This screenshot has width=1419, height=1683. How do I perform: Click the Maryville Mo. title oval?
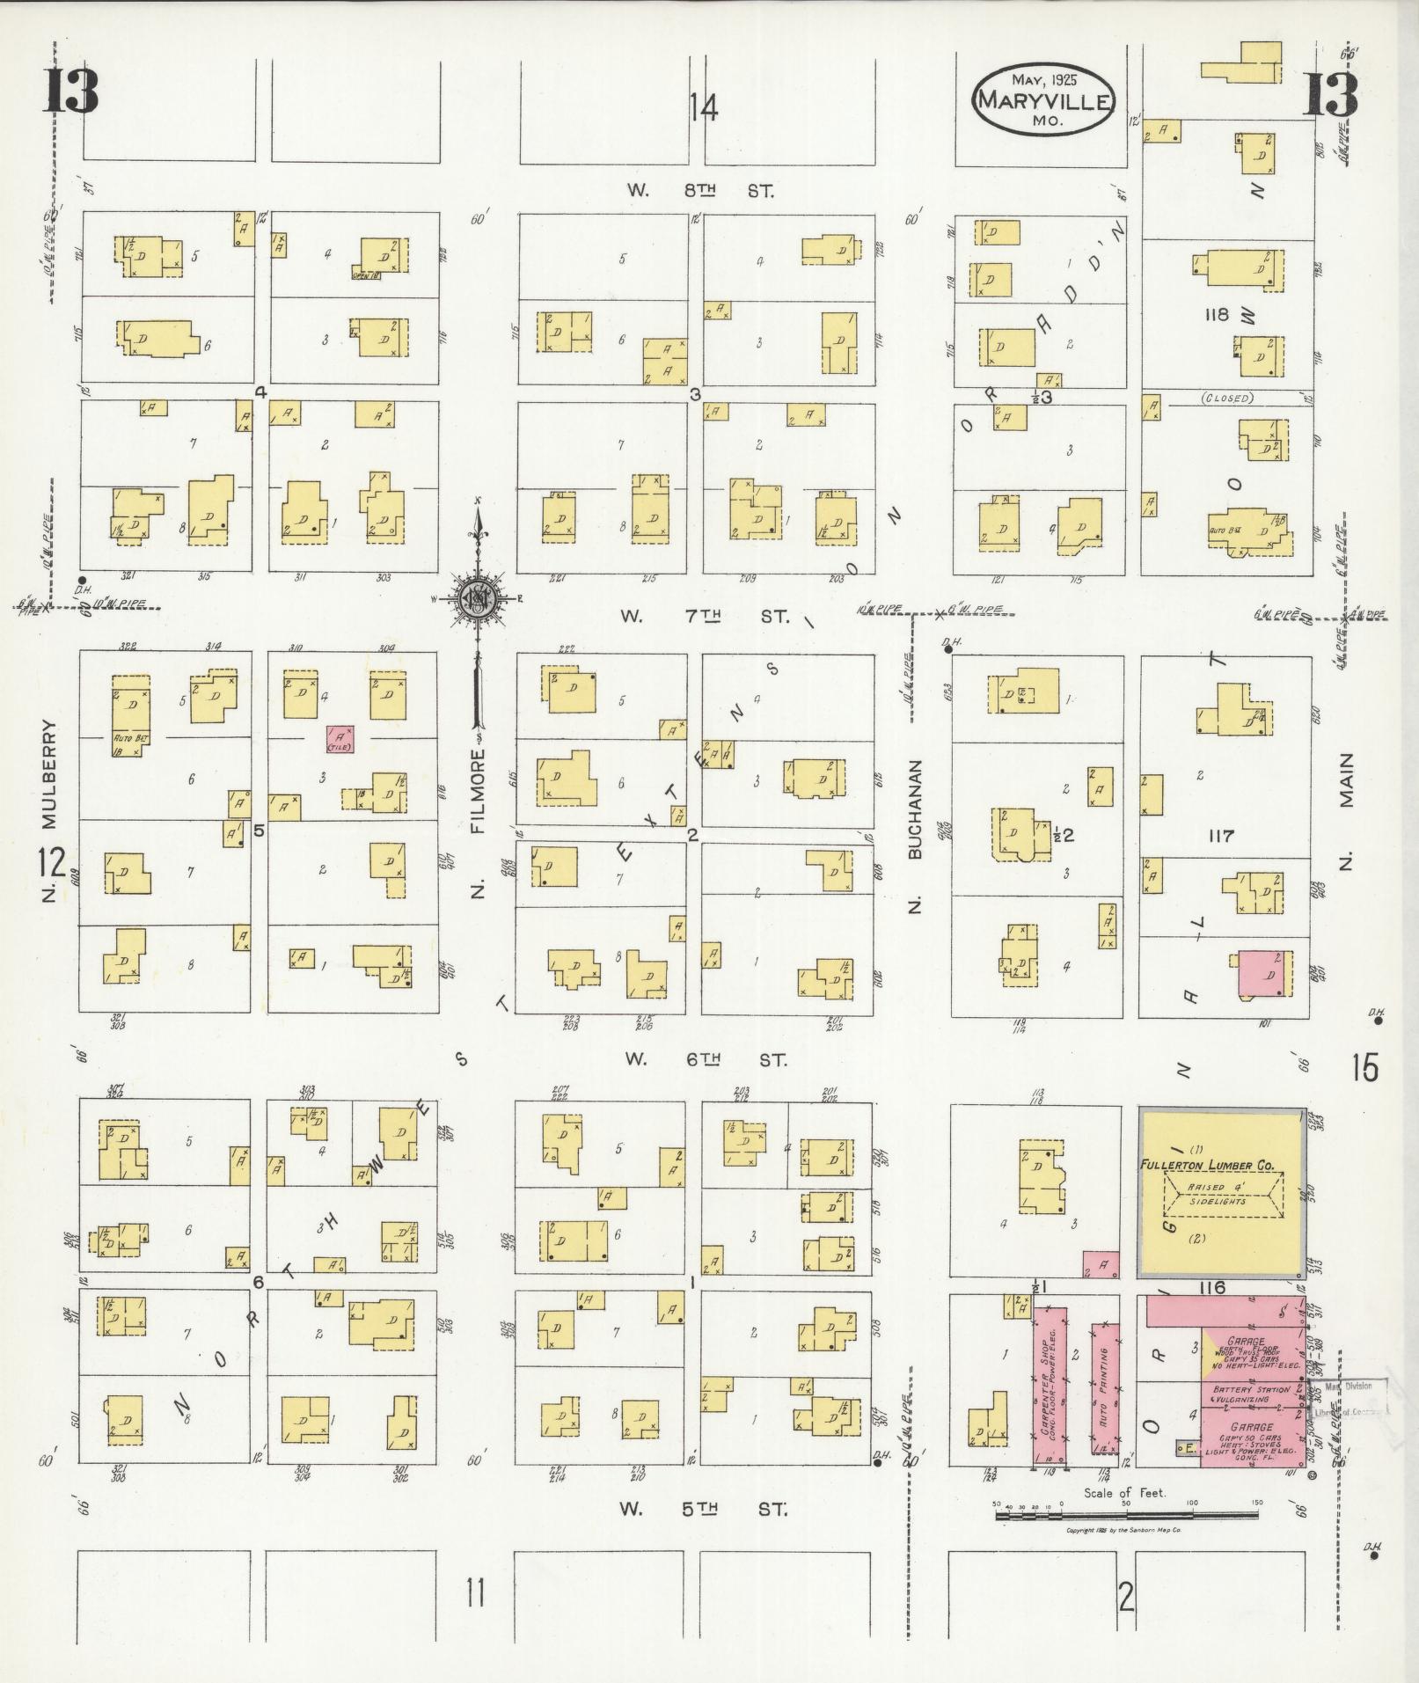tap(1044, 100)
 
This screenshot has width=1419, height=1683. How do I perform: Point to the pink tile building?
tap(340, 739)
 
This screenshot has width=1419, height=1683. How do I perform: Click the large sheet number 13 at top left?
tap(71, 92)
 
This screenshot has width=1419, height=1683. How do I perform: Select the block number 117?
tap(1221, 836)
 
